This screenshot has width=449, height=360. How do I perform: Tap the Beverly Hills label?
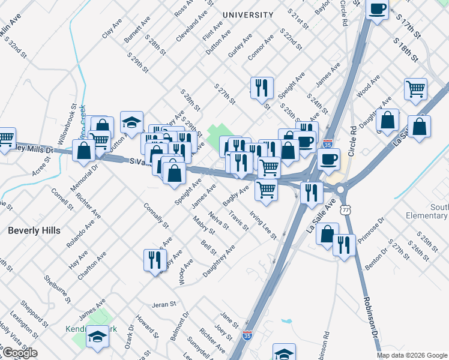(x=32, y=230)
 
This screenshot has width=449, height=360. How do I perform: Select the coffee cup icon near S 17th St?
(x=377, y=10)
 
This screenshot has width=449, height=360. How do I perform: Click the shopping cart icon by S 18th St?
(x=415, y=90)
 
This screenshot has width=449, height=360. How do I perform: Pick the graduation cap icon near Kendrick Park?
(x=97, y=337)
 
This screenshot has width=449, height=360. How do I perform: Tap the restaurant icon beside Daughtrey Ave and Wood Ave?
(x=155, y=260)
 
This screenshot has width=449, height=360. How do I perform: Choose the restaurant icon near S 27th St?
(x=262, y=89)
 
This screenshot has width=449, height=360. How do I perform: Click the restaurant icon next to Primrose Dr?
(x=344, y=245)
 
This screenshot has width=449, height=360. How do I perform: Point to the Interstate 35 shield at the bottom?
(x=247, y=336)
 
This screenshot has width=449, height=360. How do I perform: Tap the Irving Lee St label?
(x=263, y=225)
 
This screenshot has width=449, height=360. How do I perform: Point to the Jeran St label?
(x=163, y=305)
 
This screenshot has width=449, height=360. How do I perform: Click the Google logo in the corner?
(x=19, y=352)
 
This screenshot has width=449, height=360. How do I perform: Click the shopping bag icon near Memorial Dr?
(x=84, y=151)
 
